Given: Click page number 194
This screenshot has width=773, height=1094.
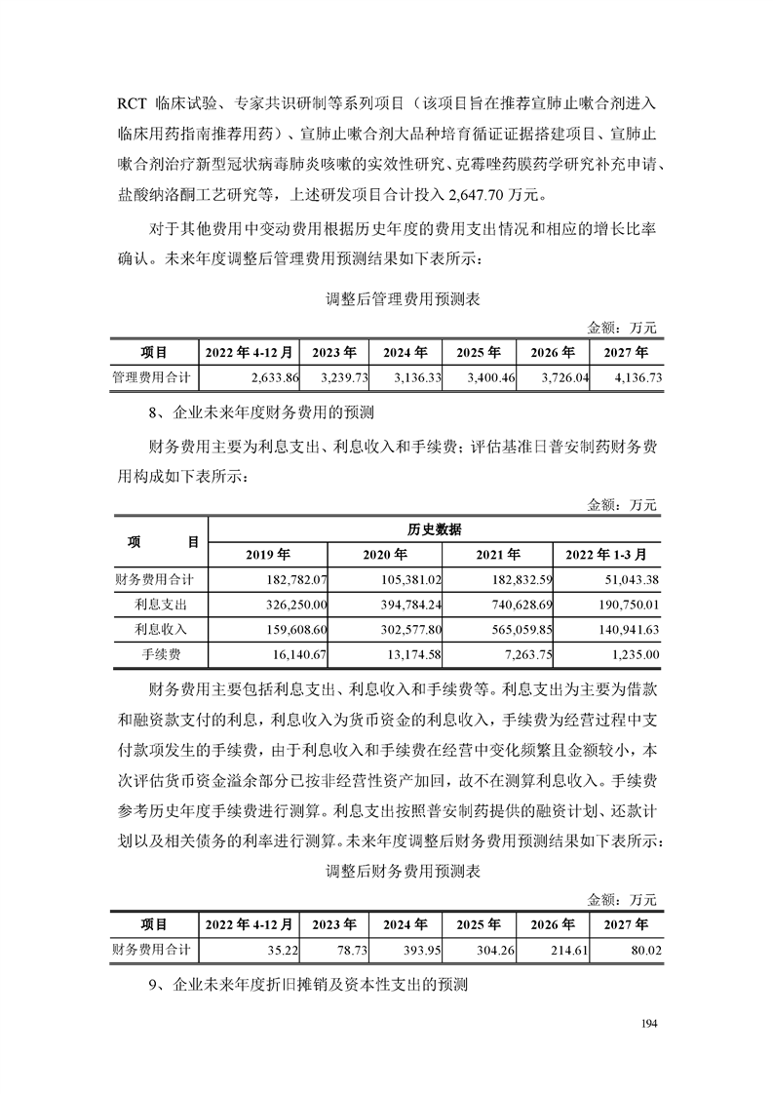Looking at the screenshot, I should click(651, 1022).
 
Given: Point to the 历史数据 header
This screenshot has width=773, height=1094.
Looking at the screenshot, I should click(434, 528).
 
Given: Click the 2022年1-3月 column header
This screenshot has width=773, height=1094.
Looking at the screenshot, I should click(606, 554).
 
